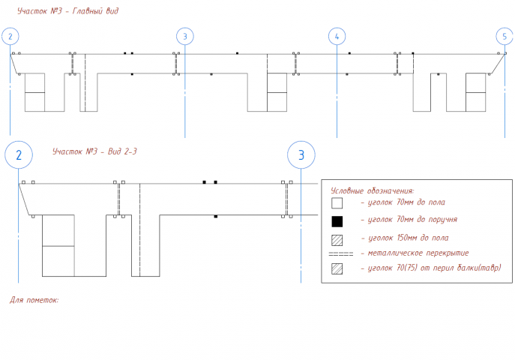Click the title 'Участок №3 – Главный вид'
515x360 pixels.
(x=67, y=10)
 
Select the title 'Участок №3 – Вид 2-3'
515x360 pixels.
(x=94, y=151)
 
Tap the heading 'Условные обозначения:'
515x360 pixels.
(x=373, y=190)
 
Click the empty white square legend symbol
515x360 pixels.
(x=337, y=203)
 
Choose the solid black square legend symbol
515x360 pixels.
(x=337, y=221)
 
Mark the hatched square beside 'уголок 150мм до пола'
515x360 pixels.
(x=337, y=240)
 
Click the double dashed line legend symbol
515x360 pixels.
(x=341, y=254)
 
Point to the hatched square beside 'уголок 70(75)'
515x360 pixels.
(x=337, y=268)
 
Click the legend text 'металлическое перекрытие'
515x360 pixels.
(x=418, y=253)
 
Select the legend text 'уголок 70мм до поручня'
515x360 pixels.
(x=412, y=220)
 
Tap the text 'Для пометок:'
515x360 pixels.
(x=34, y=300)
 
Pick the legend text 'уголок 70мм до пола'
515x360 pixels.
(x=406, y=202)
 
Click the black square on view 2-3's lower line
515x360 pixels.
(x=215, y=217)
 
